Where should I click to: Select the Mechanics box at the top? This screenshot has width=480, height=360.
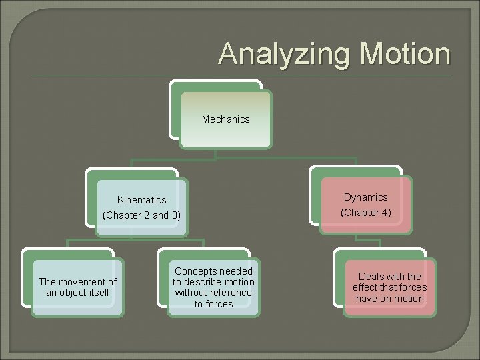coord(226,119)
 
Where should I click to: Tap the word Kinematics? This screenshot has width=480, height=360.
coord(141,200)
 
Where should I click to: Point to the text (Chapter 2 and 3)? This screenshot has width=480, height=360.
coord(141,215)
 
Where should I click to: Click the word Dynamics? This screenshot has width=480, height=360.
coord(365,197)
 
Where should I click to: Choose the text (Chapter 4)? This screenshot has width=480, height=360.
coord(366,213)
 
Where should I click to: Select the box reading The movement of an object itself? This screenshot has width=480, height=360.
coord(77,287)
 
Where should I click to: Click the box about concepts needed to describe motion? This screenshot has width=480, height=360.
coord(213,287)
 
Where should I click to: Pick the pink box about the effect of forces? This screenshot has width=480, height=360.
coord(390,287)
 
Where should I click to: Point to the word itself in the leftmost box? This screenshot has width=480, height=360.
coord(97,293)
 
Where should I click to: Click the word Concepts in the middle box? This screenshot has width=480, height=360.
coord(195,271)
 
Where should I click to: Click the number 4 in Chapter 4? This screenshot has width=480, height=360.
coord(385,213)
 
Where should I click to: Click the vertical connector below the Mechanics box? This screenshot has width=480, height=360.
coord(215,154)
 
